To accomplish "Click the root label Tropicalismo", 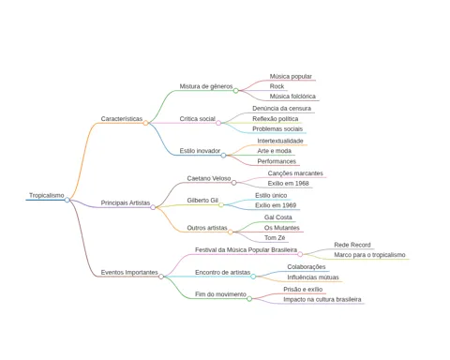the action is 47,195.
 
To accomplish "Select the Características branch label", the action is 122,119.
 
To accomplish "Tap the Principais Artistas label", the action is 126,202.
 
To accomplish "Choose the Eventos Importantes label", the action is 129,272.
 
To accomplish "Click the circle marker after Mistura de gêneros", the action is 236,91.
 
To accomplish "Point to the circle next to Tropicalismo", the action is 67,200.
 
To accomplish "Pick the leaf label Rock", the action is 277,86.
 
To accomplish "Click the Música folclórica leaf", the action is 292,97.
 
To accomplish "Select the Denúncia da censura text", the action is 281,109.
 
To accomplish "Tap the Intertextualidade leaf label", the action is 280,141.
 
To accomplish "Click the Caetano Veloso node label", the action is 209,178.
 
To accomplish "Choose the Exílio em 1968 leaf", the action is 288,184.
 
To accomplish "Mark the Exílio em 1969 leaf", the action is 276,205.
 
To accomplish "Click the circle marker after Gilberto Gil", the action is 221,205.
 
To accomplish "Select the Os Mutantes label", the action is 282,228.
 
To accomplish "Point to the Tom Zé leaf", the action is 275,238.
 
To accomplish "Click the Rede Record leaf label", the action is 352,245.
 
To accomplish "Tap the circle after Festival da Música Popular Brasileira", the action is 300,254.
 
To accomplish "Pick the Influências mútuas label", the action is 313,277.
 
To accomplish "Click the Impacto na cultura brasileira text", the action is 322,299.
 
